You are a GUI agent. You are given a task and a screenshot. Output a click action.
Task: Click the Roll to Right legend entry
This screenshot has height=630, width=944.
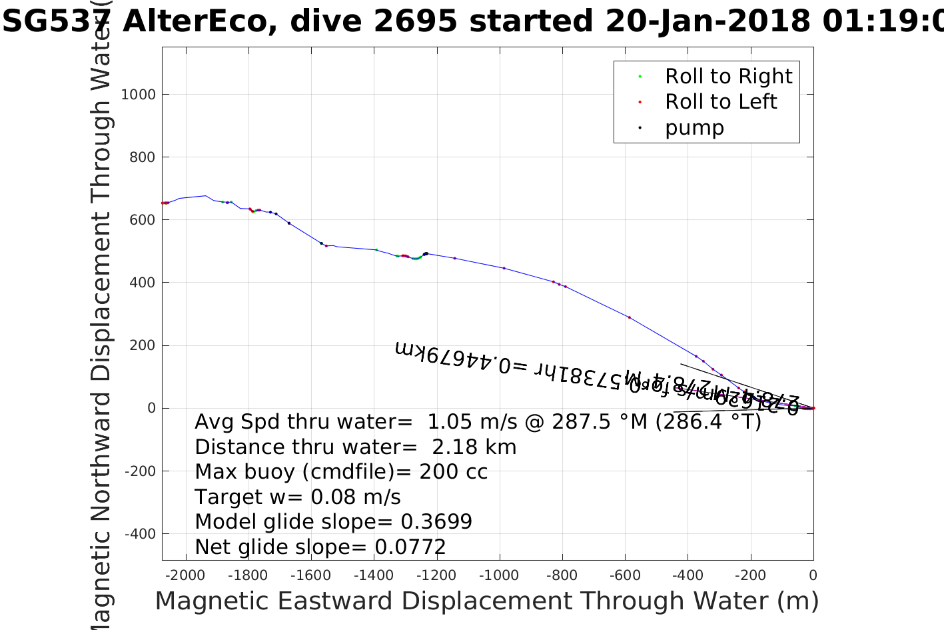pyautogui.click(x=728, y=77)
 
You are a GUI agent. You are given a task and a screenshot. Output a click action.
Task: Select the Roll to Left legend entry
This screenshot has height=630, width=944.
pyautogui.click(x=720, y=102)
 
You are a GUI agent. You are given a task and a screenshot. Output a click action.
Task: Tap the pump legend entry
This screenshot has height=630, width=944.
pyautogui.click(x=694, y=127)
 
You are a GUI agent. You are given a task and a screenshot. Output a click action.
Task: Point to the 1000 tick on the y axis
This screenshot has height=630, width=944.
pyautogui.click(x=138, y=95)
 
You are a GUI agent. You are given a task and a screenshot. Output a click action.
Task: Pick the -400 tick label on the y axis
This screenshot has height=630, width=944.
pyautogui.click(x=139, y=534)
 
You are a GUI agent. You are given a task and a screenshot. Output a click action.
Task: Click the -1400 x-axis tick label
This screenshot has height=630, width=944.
pyautogui.click(x=374, y=575)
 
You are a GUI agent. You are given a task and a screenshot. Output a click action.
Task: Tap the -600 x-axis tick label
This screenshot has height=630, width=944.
pyautogui.click(x=625, y=575)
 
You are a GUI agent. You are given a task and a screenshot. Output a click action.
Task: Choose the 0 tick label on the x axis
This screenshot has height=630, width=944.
pyautogui.click(x=813, y=575)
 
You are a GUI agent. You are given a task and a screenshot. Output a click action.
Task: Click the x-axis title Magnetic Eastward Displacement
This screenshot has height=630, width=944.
pyautogui.click(x=486, y=601)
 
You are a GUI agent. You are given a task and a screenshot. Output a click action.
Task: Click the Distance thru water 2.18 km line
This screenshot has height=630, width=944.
pyautogui.click(x=355, y=447)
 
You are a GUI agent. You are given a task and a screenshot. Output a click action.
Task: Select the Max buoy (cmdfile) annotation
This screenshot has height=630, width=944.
pyautogui.click(x=341, y=472)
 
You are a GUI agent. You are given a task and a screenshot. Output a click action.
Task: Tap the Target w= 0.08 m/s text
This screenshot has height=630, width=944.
pyautogui.click(x=298, y=497)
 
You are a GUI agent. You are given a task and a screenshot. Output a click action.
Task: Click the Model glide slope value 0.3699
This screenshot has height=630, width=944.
pyautogui.click(x=436, y=522)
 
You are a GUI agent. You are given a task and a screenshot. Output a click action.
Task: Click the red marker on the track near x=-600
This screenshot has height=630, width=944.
pyautogui.click(x=629, y=317)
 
